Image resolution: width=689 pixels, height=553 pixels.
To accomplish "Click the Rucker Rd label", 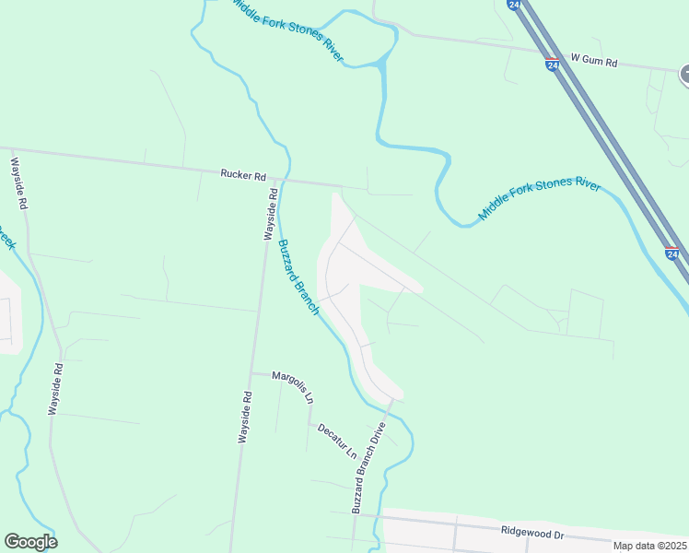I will (x=243, y=173).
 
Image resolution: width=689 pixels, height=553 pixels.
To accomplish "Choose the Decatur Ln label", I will (x=336, y=441).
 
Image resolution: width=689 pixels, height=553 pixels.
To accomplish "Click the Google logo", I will (x=30, y=542).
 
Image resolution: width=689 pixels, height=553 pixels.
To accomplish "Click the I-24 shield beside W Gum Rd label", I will (x=552, y=65).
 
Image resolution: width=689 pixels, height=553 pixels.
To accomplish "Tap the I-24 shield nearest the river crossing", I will (x=671, y=253).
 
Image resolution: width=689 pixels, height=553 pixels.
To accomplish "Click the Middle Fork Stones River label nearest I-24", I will (x=539, y=200).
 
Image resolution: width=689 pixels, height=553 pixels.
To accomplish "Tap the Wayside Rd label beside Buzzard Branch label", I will (x=272, y=214).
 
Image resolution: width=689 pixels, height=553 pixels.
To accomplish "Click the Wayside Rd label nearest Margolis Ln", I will (x=245, y=418).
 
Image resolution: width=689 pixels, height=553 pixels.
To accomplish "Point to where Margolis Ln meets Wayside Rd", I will (x=251, y=373).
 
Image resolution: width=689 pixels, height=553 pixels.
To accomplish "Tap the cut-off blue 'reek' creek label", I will (x=7, y=241).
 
